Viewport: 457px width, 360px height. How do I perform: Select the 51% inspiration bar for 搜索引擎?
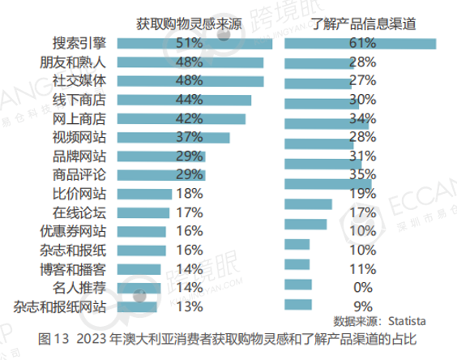coord(194,43)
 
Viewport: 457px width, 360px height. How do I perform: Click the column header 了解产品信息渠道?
coord(362,24)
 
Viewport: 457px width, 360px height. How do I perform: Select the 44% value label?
coord(189,100)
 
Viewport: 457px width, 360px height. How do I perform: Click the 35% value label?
coord(362,174)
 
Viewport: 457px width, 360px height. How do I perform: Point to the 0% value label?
coord(362,288)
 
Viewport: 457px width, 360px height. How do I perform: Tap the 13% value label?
coord(189,306)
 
